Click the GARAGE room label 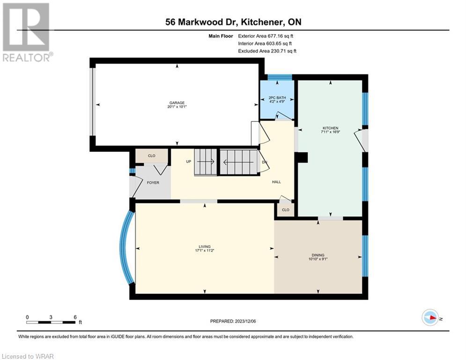click(177, 103)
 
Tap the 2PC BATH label click(277, 97)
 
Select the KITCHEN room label click(331, 128)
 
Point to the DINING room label click(318, 255)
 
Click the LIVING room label click(205, 247)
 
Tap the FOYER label click(153, 183)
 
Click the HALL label click(276, 182)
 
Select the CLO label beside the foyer click(152, 156)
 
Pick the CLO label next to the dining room click(286, 210)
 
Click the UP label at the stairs click(188, 162)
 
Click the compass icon click(430, 317)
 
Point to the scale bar click(51, 322)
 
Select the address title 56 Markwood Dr click(194, 22)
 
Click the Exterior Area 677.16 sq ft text click(266, 36)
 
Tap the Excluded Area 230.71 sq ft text click(267, 51)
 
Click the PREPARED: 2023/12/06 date click(233, 321)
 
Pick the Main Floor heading click(221, 36)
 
